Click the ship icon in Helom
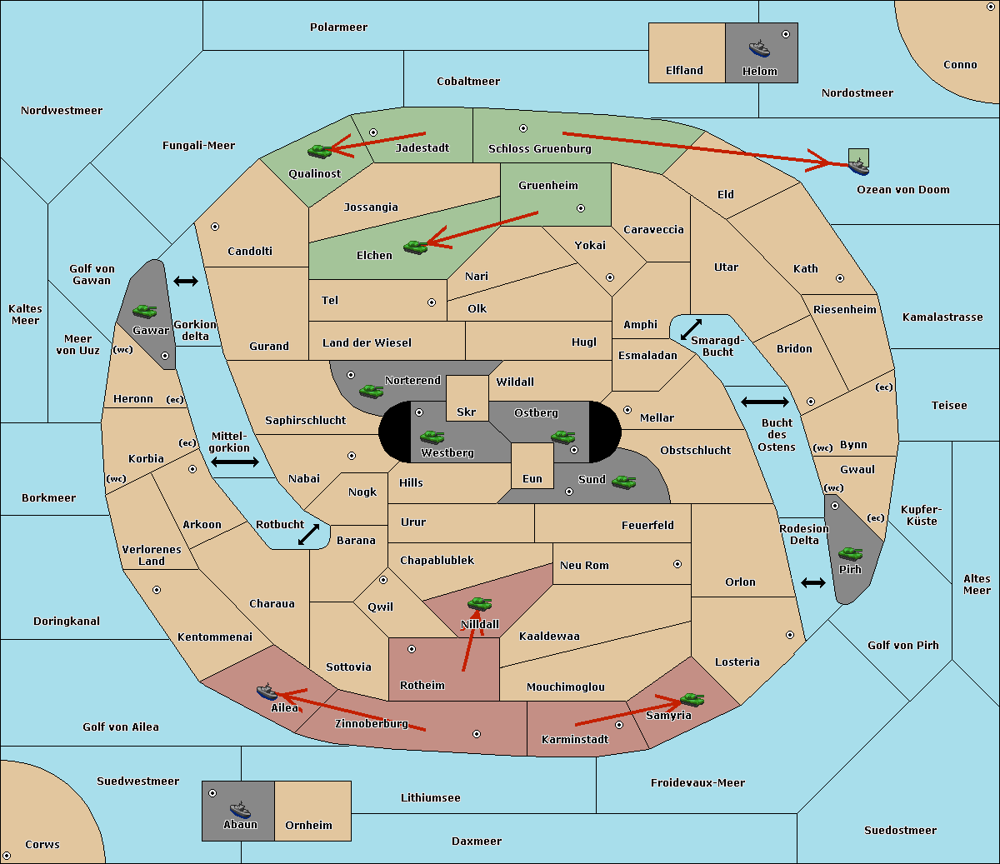[x=759, y=48]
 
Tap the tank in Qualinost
[x=320, y=152]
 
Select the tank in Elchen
[x=416, y=247]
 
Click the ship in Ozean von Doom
[x=858, y=167]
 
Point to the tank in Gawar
[x=145, y=311]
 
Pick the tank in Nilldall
[x=479, y=603]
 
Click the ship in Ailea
[x=267, y=692]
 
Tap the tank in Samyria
[x=692, y=699]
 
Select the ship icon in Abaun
[x=241, y=810]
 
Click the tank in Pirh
[x=850, y=553]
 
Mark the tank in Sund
[x=623, y=482]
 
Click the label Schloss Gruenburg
[x=540, y=148]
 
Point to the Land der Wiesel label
[x=367, y=343]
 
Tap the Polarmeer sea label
[x=338, y=27]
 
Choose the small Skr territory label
[x=467, y=412]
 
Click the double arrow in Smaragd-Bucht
[x=691, y=329]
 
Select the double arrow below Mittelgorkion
[x=235, y=462]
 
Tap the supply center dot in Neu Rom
[x=677, y=564]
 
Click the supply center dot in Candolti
[x=215, y=227]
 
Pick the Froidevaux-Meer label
[x=697, y=782]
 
